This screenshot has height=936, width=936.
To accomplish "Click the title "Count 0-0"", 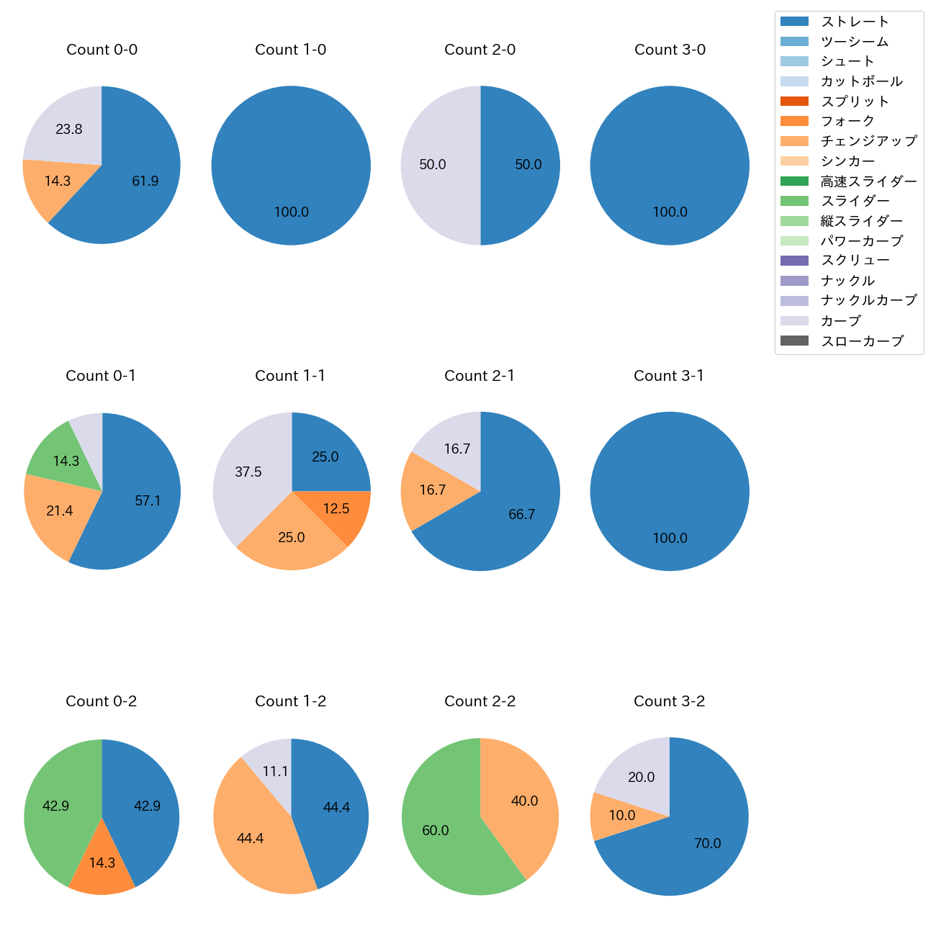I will [102, 50].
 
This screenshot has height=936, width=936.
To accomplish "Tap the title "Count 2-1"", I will [480, 376].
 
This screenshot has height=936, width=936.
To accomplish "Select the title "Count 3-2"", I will [669, 701].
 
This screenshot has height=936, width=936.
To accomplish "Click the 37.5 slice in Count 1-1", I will [248, 472].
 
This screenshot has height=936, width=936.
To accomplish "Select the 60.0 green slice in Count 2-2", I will [436, 830].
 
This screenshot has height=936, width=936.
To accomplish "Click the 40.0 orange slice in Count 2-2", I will [524, 801].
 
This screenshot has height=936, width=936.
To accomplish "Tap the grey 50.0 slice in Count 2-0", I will [433, 165].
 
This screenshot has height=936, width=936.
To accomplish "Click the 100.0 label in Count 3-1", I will [670, 539].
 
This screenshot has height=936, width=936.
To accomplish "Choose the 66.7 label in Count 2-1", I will [521, 515].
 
